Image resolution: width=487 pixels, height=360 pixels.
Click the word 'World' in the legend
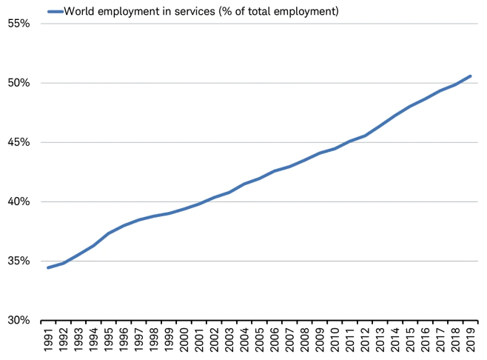tap(81, 11)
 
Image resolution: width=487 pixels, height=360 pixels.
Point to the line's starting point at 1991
tap(48, 267)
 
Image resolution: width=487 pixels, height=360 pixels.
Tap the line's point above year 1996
tap(124, 225)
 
